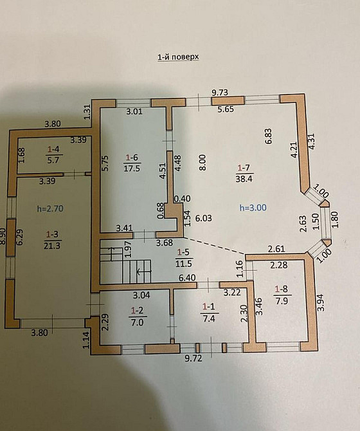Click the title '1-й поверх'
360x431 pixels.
click(x=178, y=57)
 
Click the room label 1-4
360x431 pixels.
click(x=54, y=149)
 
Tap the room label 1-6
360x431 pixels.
click(x=132, y=156)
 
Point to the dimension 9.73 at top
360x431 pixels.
click(x=221, y=93)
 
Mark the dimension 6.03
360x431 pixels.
click(x=204, y=218)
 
